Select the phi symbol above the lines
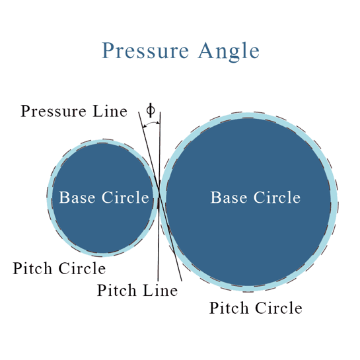point(151,110)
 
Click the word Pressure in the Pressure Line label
point(54,111)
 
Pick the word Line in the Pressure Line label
point(110,111)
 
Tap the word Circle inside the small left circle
point(124,198)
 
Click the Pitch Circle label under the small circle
point(59,268)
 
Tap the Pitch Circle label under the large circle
point(256,307)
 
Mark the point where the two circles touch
point(159,199)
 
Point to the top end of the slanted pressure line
point(139,111)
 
